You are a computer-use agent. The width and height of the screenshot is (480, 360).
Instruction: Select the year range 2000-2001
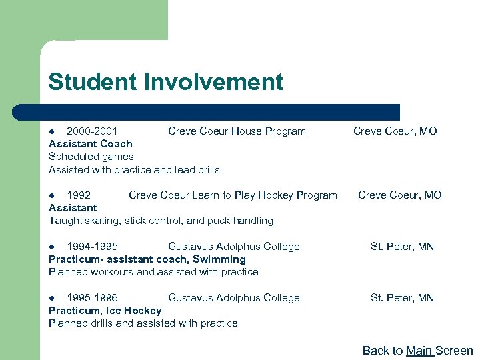pyautogui.click(x=93, y=131)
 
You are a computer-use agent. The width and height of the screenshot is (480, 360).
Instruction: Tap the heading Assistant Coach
pyautogui.click(x=91, y=144)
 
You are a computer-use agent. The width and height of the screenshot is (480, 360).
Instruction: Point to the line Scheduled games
pyautogui.click(x=91, y=157)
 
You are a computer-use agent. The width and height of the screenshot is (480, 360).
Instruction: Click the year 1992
pyautogui.click(x=79, y=195)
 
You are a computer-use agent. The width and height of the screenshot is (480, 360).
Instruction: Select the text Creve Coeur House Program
pyautogui.click(x=237, y=131)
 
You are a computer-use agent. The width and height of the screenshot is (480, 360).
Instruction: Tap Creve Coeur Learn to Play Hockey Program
pyautogui.click(x=233, y=195)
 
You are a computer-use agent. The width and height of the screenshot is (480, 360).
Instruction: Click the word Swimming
pyautogui.click(x=219, y=259)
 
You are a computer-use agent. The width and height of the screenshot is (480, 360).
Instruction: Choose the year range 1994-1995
pyautogui.click(x=93, y=247)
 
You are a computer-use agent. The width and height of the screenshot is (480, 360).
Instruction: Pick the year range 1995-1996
pyautogui.click(x=93, y=298)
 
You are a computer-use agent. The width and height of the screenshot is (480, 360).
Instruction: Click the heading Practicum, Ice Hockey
pyautogui.click(x=105, y=311)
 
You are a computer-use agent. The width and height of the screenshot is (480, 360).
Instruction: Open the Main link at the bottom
pyautogui.click(x=419, y=351)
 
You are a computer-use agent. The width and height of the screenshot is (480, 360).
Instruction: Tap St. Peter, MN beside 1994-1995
pyautogui.click(x=402, y=247)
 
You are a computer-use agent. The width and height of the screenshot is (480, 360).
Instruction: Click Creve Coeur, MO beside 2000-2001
pyautogui.click(x=395, y=131)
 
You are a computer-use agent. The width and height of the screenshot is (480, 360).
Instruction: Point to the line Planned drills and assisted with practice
pyautogui.click(x=143, y=323)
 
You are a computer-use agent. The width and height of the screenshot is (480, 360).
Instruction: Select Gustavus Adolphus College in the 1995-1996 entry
pyautogui.click(x=233, y=298)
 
